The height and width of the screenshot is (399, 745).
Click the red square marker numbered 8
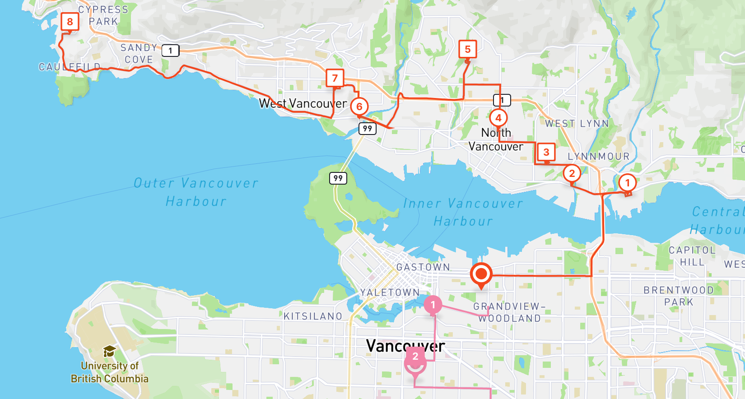[70, 22]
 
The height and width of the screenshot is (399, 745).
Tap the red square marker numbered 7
[335, 78]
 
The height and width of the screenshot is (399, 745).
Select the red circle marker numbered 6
[359, 107]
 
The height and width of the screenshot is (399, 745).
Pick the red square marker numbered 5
[468, 49]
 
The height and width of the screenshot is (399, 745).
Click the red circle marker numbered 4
[498, 118]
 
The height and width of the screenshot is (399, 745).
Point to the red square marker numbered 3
[546, 152]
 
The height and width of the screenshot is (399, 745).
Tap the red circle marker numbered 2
[572, 173]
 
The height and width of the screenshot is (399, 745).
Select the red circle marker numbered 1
[627, 183]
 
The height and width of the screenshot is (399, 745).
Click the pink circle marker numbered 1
[433, 305]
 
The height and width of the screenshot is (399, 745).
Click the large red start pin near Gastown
[481, 274]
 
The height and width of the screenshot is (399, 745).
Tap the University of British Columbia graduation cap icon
[110, 351]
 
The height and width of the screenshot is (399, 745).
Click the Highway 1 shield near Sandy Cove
[170, 51]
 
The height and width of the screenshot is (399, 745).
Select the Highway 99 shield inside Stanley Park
[338, 178]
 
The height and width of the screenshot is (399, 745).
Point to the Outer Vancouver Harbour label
[196, 192]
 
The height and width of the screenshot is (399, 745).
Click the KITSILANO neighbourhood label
[313, 316]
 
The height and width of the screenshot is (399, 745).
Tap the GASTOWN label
[423, 267]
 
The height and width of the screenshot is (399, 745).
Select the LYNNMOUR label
[598, 157]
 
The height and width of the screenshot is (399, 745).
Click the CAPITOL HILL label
[692, 256]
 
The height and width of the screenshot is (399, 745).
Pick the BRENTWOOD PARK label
[679, 296]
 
